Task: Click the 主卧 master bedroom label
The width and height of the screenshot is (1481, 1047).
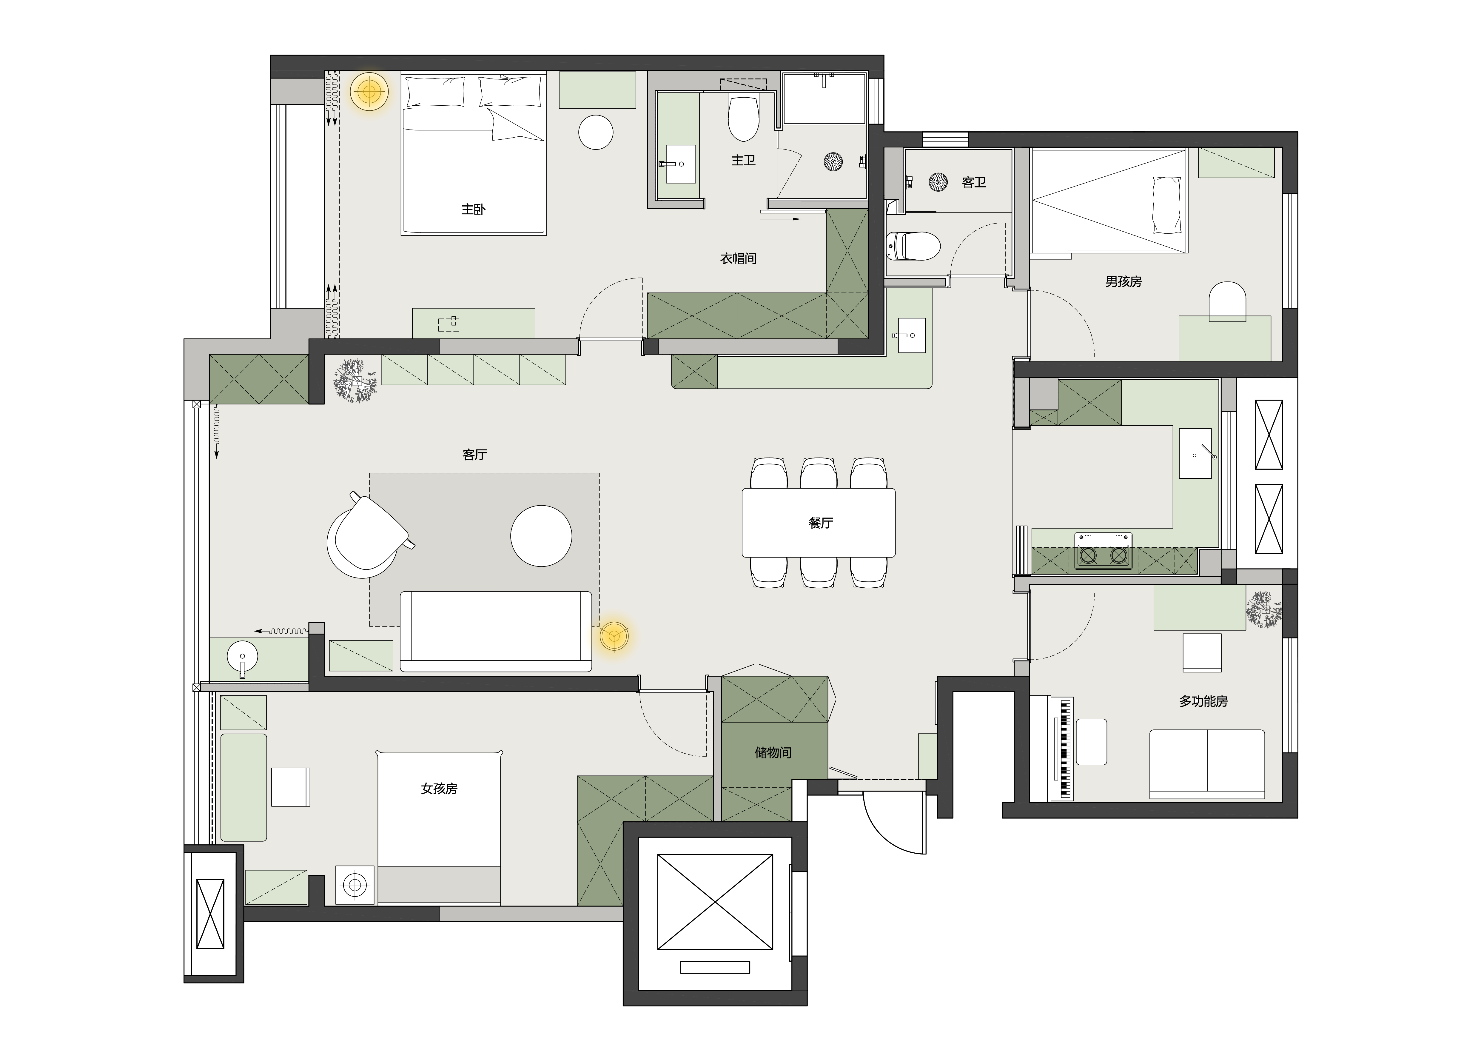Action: pyautogui.click(x=474, y=210)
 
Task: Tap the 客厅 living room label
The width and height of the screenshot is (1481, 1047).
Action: pyautogui.click(x=475, y=455)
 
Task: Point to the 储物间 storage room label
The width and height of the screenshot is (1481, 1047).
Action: pyautogui.click(x=773, y=752)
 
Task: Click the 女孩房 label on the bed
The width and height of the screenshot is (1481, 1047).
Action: pyautogui.click(x=439, y=788)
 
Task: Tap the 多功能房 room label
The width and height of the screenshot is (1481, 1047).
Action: pyautogui.click(x=1204, y=701)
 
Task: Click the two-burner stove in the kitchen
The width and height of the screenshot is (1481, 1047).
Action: pyautogui.click(x=1103, y=551)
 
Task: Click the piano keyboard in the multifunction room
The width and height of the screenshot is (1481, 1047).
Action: pyautogui.click(x=1064, y=748)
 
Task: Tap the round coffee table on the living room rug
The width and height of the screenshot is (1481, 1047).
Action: pyautogui.click(x=541, y=536)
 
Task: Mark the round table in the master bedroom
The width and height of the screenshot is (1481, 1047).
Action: pyautogui.click(x=595, y=132)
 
